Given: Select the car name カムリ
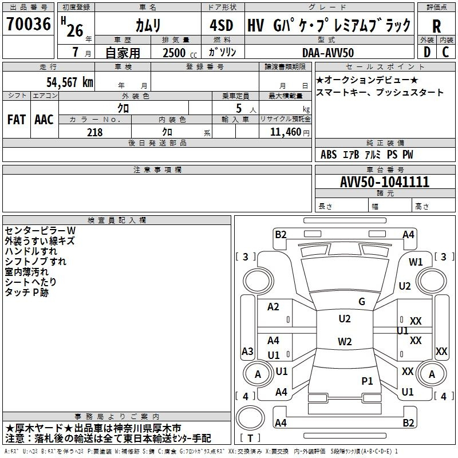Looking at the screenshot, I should (147, 25).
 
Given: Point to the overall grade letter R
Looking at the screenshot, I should (437, 26).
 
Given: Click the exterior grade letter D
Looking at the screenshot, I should (427, 52).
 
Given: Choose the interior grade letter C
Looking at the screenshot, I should (446, 52).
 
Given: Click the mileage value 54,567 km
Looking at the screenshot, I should (69, 82).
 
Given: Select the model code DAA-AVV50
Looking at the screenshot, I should (328, 52).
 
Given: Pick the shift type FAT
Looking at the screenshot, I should (16, 120).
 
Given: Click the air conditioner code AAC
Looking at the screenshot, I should (44, 120).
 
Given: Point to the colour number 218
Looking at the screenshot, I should (94, 132).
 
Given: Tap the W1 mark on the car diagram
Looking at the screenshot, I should (416, 262).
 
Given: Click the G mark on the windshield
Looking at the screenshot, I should (362, 301).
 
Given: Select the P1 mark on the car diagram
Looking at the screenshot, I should (367, 380).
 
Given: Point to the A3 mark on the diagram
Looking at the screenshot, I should (247, 351).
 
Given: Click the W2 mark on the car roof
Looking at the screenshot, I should (345, 342).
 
